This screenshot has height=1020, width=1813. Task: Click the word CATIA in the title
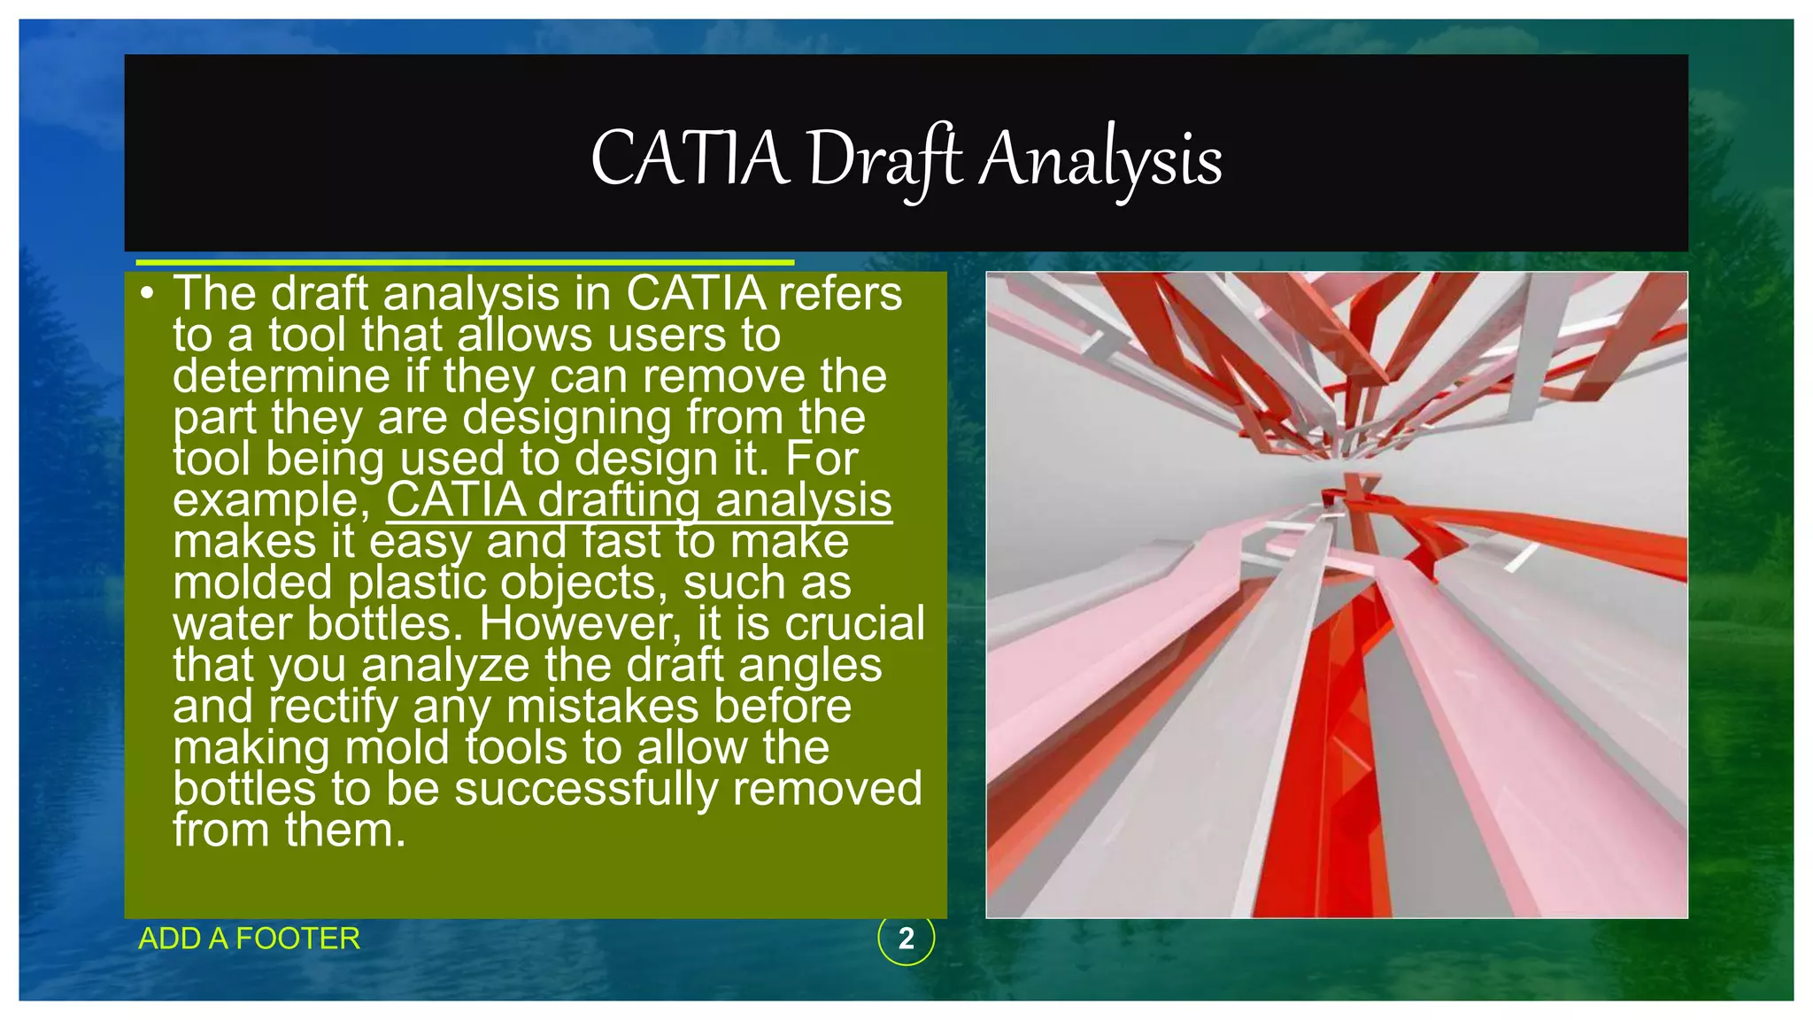point(689,159)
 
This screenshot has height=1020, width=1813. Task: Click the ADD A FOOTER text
point(250,939)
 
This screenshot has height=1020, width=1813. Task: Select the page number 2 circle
point(906,939)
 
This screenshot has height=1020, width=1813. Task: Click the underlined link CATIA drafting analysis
point(638,500)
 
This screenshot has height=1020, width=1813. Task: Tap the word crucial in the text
point(854,623)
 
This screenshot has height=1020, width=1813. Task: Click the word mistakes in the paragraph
point(604,707)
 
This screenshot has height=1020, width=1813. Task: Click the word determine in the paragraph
point(282,376)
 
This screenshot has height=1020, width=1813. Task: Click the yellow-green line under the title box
point(464,262)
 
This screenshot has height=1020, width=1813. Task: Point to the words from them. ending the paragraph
point(289,831)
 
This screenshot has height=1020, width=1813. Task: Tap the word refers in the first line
point(839,294)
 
